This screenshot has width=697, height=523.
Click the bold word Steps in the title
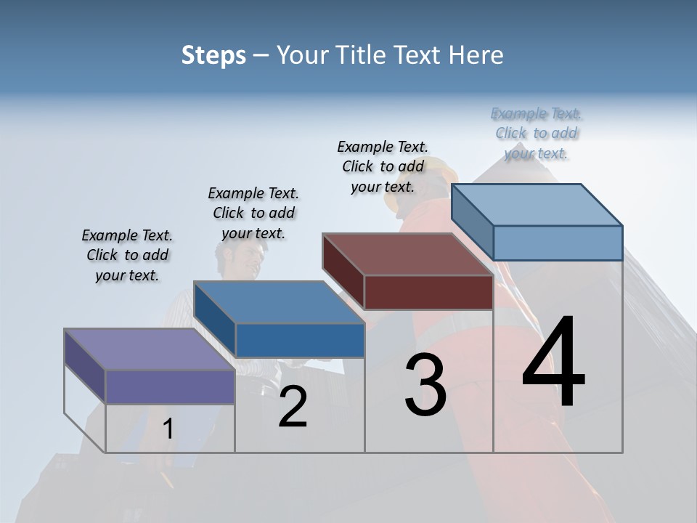pyautogui.click(x=213, y=55)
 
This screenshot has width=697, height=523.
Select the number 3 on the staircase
pyautogui.click(x=425, y=385)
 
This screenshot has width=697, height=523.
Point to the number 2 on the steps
pyautogui.click(x=293, y=407)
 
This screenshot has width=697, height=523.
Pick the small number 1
pyautogui.click(x=168, y=429)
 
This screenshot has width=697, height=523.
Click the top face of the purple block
pyautogui.click(x=150, y=349)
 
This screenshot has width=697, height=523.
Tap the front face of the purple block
pyautogui.click(x=170, y=386)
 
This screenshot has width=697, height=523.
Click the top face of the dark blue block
pyautogui.click(x=279, y=302)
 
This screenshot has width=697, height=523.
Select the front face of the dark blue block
pyautogui.click(x=300, y=340)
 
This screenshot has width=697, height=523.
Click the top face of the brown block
pyautogui.click(x=407, y=254)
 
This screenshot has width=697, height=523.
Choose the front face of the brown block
pyautogui.click(x=428, y=292)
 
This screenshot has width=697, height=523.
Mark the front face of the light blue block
pyautogui.click(x=558, y=243)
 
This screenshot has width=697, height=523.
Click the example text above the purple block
pyautogui.click(x=127, y=255)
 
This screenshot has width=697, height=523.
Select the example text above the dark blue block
pyautogui.click(x=253, y=213)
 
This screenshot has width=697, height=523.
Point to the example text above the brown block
pyautogui.click(x=383, y=166)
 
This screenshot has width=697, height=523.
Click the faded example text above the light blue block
pyautogui.click(x=537, y=133)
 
